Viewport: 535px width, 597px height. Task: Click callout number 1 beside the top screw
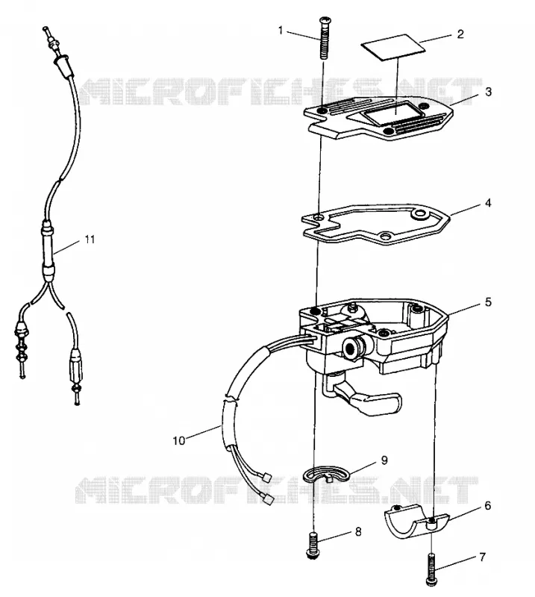pyautogui.click(x=281, y=30)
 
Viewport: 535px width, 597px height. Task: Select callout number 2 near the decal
pyautogui.click(x=460, y=34)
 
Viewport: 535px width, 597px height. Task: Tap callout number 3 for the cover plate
pyautogui.click(x=489, y=92)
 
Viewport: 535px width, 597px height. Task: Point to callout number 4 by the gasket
pyautogui.click(x=488, y=203)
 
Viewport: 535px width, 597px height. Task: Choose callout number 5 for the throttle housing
pyautogui.click(x=488, y=302)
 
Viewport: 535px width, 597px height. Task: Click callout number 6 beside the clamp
pyautogui.click(x=488, y=506)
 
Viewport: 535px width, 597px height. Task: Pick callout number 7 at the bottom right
pyautogui.click(x=483, y=557)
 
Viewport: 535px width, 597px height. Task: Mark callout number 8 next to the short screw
pyautogui.click(x=358, y=531)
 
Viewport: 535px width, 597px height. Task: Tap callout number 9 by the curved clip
pyautogui.click(x=384, y=460)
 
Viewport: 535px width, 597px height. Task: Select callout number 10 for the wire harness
pyautogui.click(x=178, y=440)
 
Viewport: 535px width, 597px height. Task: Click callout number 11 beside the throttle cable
pyautogui.click(x=90, y=240)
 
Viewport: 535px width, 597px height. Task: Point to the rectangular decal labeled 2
pyautogui.click(x=393, y=47)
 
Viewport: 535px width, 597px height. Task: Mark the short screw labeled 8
pyautogui.click(x=311, y=546)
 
